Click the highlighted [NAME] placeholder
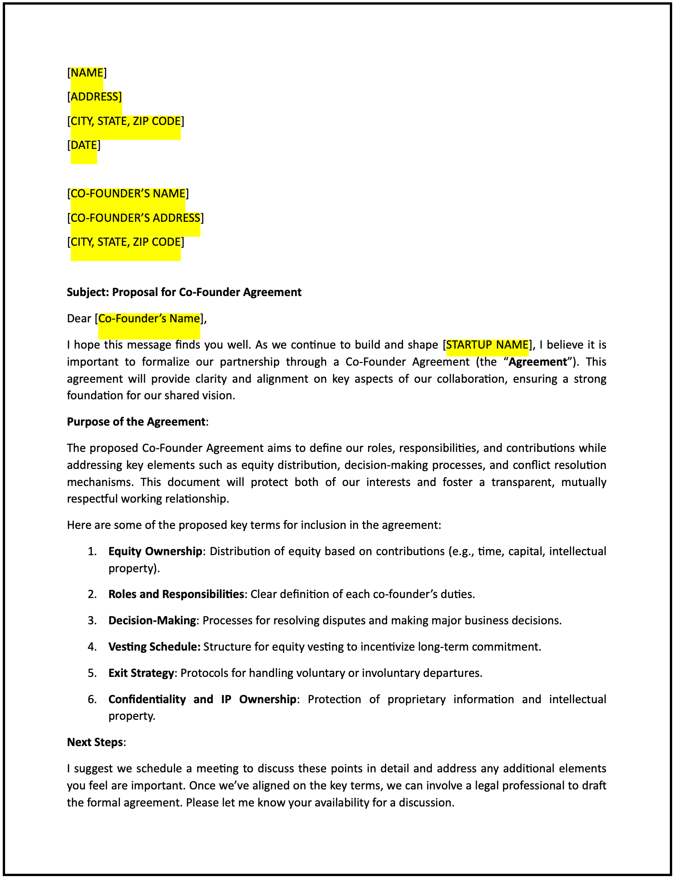[87, 72]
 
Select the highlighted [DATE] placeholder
[84, 145]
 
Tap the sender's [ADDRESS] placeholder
[95, 97]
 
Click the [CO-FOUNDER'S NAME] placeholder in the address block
[128, 194]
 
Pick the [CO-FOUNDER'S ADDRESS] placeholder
[135, 218]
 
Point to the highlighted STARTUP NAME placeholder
[487, 344]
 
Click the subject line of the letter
[184, 292]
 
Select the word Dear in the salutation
[79, 319]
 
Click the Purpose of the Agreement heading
[136, 421]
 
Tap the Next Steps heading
[95, 742]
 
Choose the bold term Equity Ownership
[155, 551]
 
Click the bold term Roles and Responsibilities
[176, 594]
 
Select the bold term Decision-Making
[152, 620]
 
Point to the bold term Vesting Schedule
[154, 646]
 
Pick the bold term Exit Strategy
[141, 673]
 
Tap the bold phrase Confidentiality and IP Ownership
[202, 699]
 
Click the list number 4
[92, 646]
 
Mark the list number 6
[92, 699]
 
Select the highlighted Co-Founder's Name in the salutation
[149, 319]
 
